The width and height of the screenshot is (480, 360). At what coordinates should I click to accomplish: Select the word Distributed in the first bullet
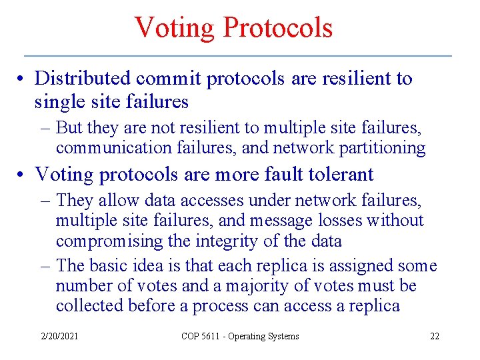(x=83, y=79)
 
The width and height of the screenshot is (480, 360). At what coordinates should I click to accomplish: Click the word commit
(x=169, y=79)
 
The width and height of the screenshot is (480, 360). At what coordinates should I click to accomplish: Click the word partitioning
(x=383, y=147)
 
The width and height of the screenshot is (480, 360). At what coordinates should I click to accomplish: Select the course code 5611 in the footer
(x=210, y=337)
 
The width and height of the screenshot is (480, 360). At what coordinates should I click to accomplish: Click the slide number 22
(x=434, y=337)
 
